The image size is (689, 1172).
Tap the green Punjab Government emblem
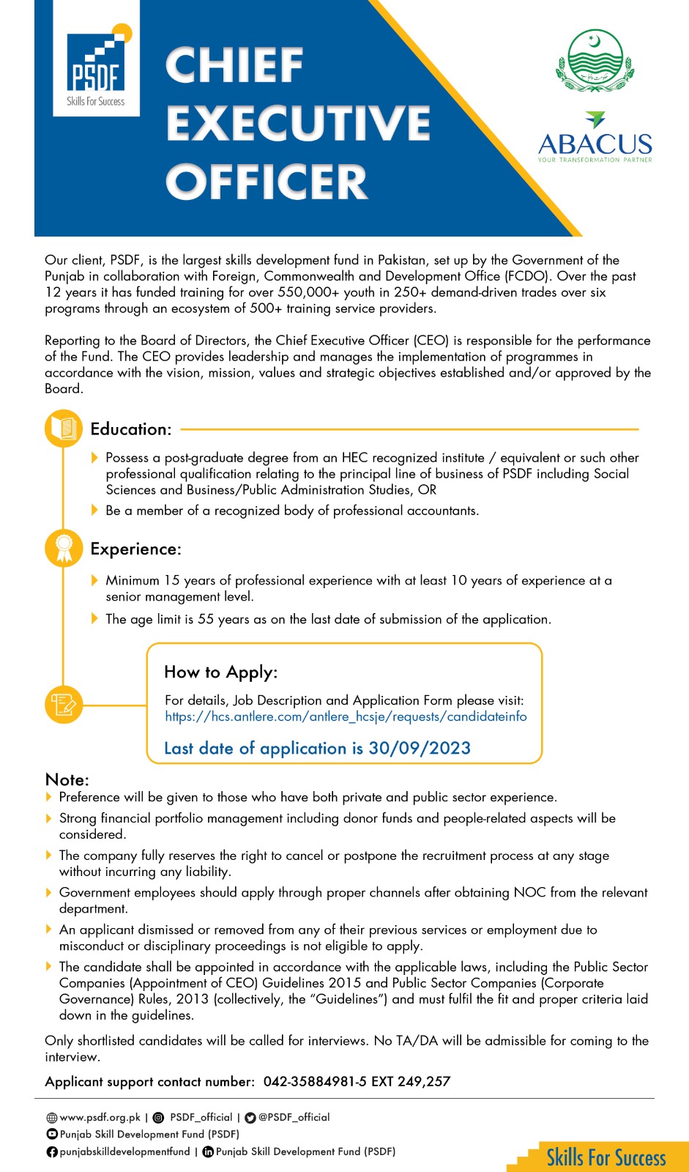point(595,61)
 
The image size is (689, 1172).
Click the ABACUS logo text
point(595,144)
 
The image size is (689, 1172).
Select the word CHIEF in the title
point(234,66)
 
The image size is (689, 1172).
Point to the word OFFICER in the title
point(267,182)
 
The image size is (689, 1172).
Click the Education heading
point(131,429)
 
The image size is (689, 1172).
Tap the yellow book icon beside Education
point(64,429)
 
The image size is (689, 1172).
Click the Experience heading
point(135,549)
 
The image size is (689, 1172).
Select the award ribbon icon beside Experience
point(64,548)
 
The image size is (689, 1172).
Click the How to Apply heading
point(221,672)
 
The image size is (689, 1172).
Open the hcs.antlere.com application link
point(346,716)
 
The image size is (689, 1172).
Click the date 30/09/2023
point(420,748)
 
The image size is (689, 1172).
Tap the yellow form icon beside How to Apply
point(64,705)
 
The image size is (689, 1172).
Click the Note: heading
point(67,779)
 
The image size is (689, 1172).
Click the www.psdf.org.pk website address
point(100,1117)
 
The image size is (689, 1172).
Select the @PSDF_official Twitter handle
point(294,1117)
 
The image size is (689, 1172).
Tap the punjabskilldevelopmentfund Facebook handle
point(124,1151)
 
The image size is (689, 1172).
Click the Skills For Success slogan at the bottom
point(606,1157)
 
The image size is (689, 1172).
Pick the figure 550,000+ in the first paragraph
point(308,292)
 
